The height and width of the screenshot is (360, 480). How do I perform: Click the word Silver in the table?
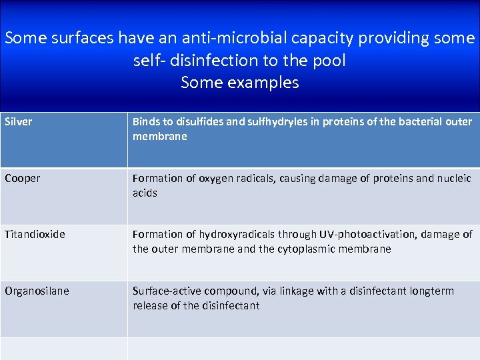click(x=18, y=122)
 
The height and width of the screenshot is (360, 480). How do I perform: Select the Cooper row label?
click(x=22, y=179)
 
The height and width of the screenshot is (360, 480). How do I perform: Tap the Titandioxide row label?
click(x=35, y=235)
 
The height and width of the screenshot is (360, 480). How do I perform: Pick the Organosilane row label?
click(x=37, y=291)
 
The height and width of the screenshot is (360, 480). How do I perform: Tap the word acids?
click(x=145, y=193)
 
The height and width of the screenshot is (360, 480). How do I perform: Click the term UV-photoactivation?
click(x=359, y=235)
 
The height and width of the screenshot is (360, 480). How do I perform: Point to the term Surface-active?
click(x=167, y=291)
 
